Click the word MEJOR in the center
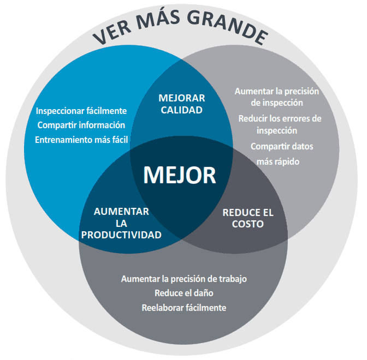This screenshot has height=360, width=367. tap(179, 175)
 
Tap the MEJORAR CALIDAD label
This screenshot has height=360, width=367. tap(182, 104)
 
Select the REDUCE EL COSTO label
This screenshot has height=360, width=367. tap(248, 218)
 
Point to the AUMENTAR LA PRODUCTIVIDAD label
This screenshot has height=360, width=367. tap(121, 223)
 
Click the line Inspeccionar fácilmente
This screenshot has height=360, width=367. tap(81, 111)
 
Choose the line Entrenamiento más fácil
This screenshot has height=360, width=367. tap(81, 140)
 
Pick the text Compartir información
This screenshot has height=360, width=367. tap(81, 125)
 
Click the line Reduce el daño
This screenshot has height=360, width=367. tap(183, 293)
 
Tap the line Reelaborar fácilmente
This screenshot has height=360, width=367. tap(183, 308)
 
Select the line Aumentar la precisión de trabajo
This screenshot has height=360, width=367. tap(183, 279)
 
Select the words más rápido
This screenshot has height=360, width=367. tap(278, 161)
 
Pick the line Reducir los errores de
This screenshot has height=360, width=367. tap(280, 118)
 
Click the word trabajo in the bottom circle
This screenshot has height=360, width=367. tap(232, 279)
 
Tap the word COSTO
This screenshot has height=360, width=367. tap(248, 224)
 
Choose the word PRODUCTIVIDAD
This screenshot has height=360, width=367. tap(121, 235)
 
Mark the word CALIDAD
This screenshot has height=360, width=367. tap(182, 110)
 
